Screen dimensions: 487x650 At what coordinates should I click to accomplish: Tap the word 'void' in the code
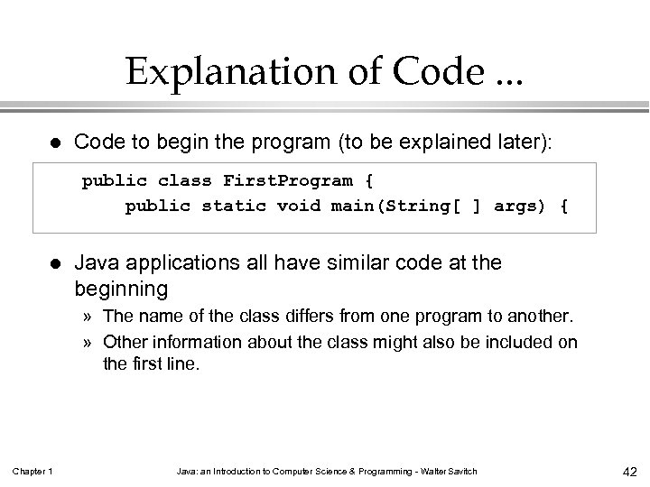tap(299, 206)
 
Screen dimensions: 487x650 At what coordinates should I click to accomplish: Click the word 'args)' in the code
tap(518, 206)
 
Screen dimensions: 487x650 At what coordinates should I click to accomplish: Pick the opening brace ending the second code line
tap(563, 206)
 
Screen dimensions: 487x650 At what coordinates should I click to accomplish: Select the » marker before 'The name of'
tap(88, 317)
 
